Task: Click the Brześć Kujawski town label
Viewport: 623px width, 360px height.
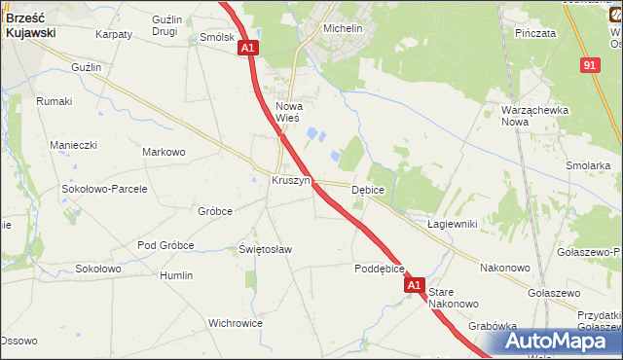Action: click(30, 24)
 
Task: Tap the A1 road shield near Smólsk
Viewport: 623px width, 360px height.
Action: click(247, 47)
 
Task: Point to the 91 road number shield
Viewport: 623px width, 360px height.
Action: click(590, 64)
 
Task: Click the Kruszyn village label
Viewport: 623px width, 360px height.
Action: click(291, 181)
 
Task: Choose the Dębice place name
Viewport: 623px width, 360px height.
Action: click(368, 190)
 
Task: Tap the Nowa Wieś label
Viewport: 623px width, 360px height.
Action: click(290, 112)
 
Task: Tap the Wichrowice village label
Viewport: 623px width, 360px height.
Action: click(237, 322)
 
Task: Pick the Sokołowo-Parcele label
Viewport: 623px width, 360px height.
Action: click(104, 189)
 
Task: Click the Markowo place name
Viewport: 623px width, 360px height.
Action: click(164, 152)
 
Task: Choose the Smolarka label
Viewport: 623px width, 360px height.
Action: click(587, 165)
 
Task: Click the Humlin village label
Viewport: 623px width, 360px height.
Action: click(176, 275)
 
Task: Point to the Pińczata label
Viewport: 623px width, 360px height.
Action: click(534, 32)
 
